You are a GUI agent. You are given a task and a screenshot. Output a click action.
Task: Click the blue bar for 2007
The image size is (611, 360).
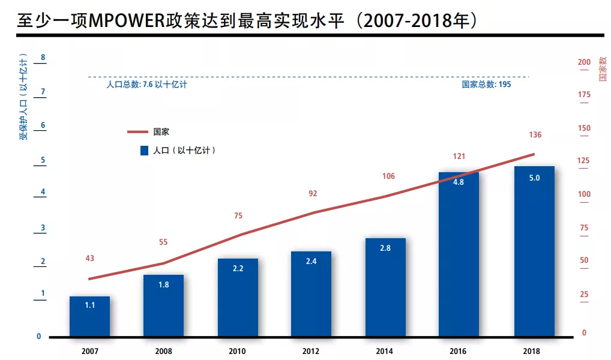point(89,316)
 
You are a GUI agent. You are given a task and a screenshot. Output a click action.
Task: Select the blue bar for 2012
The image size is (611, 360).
point(311,293)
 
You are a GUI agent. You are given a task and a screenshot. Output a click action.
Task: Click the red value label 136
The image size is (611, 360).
point(535,135)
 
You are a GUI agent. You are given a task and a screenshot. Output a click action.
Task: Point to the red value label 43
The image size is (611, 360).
point(90,259)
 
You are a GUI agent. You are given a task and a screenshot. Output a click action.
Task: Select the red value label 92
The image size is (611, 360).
point(312,194)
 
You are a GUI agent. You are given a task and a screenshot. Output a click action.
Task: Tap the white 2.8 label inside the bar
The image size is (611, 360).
point(385,248)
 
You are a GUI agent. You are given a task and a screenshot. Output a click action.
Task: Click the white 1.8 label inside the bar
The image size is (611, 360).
point(163,285)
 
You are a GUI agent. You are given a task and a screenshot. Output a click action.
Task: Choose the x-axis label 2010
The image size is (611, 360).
point(238,351)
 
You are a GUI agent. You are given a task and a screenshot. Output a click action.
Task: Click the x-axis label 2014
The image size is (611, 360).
point(385,351)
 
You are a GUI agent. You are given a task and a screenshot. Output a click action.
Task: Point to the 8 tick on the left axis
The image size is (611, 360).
point(43,58)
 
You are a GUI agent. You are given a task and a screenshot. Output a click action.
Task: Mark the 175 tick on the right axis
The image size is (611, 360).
point(583,95)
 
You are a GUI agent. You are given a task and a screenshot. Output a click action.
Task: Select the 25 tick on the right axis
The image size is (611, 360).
point(583,295)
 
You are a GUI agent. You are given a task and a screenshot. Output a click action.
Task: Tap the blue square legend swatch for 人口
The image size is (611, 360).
point(143,151)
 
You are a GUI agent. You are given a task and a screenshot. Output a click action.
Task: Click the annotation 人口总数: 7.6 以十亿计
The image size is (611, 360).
point(146,85)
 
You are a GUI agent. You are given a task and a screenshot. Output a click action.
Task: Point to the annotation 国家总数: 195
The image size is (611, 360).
point(486,85)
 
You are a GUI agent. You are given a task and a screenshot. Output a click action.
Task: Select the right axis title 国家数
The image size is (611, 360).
point(602,70)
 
